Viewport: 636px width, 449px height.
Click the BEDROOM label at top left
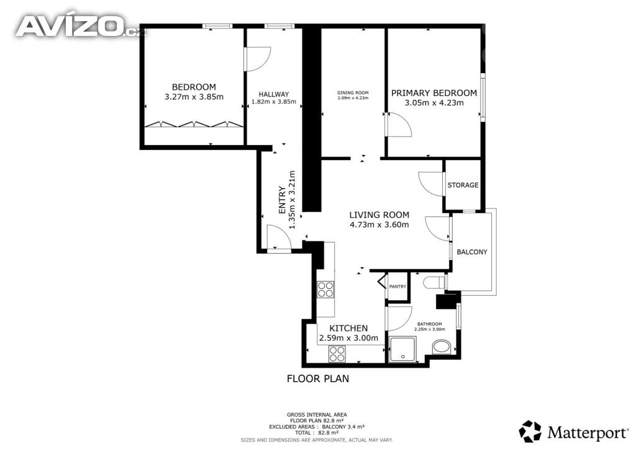coord(194,87)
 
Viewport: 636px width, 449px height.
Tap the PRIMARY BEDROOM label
coord(434,93)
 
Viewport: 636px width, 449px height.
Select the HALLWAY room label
coord(274,94)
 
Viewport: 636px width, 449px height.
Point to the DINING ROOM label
coord(353,93)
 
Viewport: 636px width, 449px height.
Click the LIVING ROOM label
coord(379,215)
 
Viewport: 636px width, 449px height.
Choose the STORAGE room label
coord(463,185)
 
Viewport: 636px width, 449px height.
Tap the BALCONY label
coord(472,252)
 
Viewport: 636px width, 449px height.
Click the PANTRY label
coord(397,287)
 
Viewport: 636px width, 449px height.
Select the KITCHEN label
coord(348,328)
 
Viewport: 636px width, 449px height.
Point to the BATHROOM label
coord(430,324)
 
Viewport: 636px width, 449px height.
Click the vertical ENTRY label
coord(283,200)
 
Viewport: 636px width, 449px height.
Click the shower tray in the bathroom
coord(402,349)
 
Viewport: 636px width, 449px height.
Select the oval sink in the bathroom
coord(442,347)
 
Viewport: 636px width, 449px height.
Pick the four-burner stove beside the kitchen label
coord(337,354)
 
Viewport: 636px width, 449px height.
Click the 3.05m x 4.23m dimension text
coord(434,102)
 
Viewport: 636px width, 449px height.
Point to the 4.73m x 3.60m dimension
coord(379,225)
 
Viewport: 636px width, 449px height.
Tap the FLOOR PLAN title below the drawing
coord(318,378)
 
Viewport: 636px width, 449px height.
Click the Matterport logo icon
coord(530,431)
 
